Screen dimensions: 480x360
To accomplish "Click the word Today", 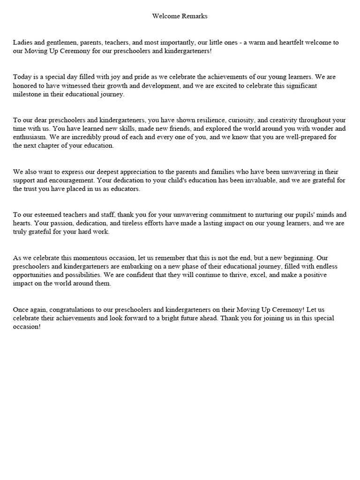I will (x=22, y=76).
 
